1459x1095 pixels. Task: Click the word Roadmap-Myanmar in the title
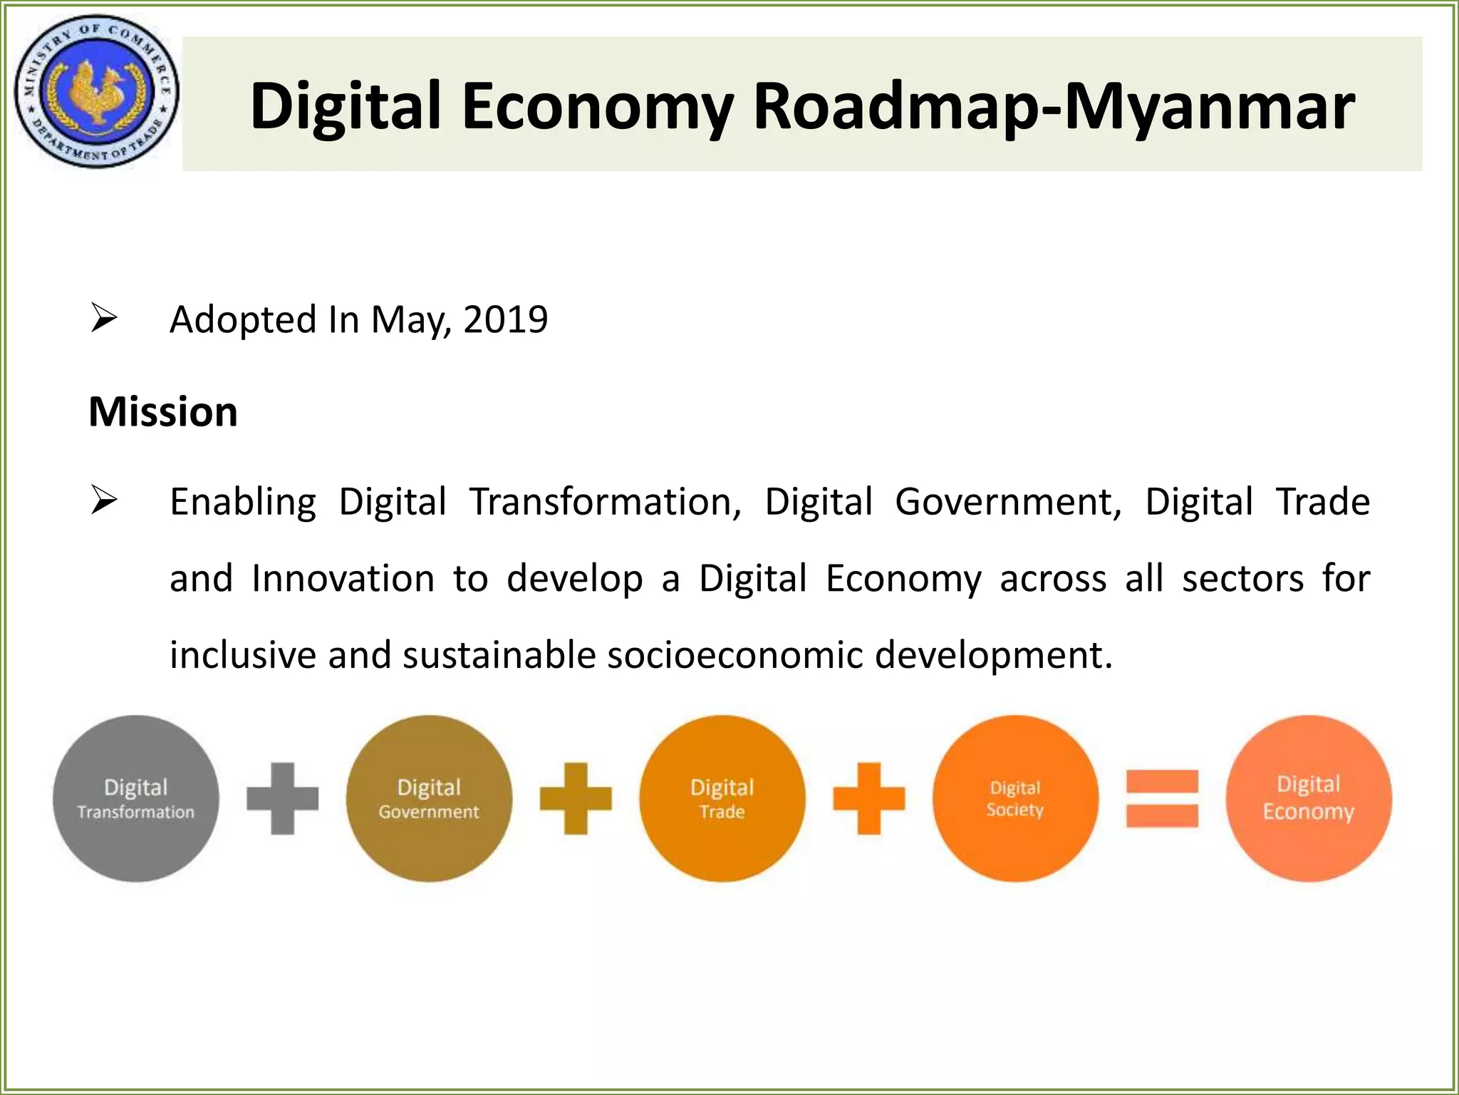tap(1054, 107)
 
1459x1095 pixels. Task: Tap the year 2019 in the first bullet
tap(505, 319)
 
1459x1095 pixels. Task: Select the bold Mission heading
tap(163, 412)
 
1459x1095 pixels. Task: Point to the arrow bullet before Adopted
tap(103, 319)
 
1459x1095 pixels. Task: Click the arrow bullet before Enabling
tap(103, 501)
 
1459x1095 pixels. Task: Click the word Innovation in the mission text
tap(343, 578)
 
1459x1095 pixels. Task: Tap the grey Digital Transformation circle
tap(135, 798)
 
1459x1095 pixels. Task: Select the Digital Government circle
tap(429, 798)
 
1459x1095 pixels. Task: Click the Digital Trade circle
tap(722, 798)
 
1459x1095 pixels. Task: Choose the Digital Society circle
tap(1015, 798)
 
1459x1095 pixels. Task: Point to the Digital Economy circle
tap(1308, 798)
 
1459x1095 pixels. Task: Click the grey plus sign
tap(282, 798)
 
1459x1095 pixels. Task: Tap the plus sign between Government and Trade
tap(576, 798)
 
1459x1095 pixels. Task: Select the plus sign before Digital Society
tap(869, 798)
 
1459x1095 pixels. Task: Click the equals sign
tap(1162, 798)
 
